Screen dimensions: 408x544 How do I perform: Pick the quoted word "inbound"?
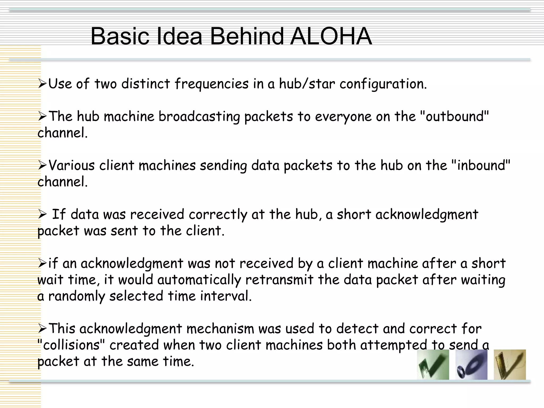(481, 165)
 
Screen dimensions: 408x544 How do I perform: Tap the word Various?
(72, 165)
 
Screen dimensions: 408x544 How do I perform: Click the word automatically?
(199, 280)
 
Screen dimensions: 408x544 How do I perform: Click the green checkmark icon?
(433, 364)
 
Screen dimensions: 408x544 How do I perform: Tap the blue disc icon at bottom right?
(471, 364)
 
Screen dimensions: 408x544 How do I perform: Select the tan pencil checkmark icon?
(509, 364)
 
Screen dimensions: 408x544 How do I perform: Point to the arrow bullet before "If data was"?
(42, 215)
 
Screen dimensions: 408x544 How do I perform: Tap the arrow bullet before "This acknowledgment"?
(42, 329)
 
